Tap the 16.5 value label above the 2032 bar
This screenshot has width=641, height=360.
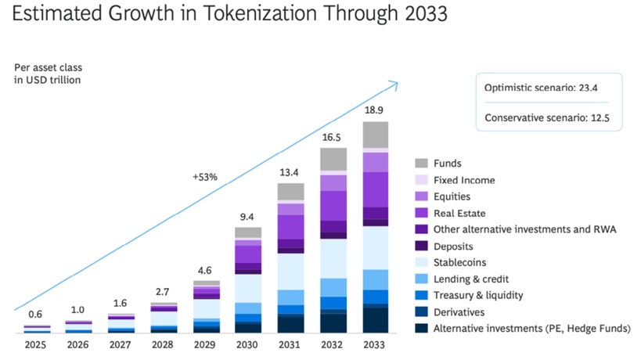point(333,137)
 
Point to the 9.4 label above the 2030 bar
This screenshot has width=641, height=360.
point(247,218)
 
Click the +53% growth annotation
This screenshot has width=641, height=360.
point(204,177)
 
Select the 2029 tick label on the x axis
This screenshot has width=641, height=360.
point(206,344)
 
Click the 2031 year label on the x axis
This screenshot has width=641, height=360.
point(290,344)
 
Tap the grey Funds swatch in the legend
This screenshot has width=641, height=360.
point(421,164)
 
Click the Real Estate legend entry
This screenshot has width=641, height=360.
point(459,213)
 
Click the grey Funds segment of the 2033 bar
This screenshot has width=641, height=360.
point(375,134)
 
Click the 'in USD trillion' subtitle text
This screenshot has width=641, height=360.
point(48,80)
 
